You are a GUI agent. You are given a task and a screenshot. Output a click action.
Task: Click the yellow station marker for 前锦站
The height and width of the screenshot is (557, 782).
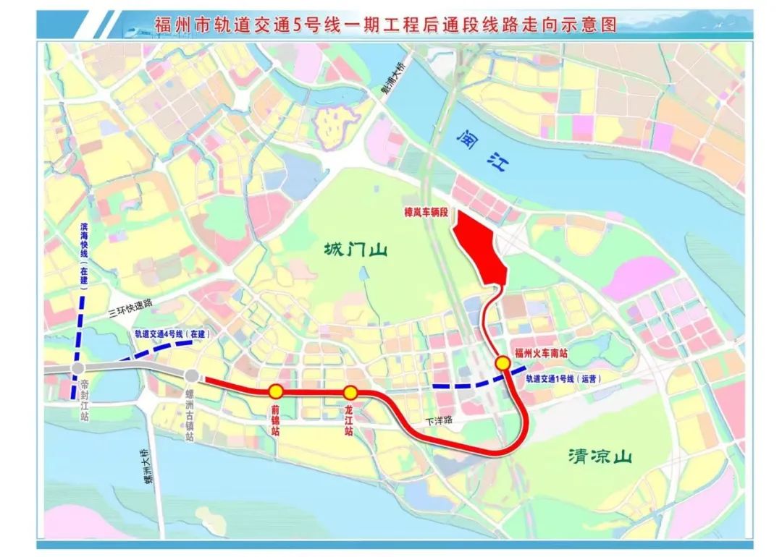(276, 391)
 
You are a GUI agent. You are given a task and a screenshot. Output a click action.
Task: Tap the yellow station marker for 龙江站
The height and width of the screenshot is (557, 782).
(350, 392)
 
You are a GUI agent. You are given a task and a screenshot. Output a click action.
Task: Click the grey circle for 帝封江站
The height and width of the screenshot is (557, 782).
(77, 369)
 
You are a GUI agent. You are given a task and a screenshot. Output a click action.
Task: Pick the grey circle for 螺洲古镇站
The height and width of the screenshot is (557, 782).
(192, 375)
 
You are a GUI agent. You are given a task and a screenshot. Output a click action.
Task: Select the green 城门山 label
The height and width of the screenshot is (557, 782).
(356, 251)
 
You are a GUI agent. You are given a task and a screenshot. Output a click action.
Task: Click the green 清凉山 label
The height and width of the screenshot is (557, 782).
(600, 456)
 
